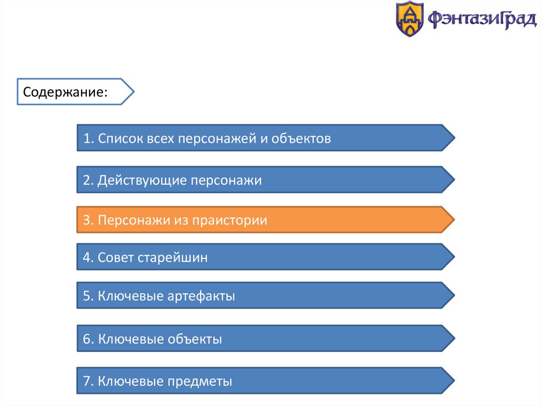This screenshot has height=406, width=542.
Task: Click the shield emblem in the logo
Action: coord(410,19)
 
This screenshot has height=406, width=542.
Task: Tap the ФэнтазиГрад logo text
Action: coord(482,19)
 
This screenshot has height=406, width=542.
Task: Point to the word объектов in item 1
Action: coord(301,138)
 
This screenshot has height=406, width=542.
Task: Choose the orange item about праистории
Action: coord(266,220)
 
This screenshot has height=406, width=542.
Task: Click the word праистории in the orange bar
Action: coord(230,221)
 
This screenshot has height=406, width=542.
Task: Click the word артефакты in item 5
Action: coord(201,296)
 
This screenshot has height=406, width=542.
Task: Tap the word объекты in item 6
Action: coord(195,339)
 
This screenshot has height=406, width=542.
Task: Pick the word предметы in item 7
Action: coord(200,382)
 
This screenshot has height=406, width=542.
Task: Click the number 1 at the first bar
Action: coord(87,138)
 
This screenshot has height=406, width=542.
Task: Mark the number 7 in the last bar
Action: coord(87,381)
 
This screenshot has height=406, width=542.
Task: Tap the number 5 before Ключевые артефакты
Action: coord(87,296)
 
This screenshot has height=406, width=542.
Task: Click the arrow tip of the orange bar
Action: coord(454,220)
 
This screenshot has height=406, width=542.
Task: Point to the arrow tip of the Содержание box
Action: coord(134,92)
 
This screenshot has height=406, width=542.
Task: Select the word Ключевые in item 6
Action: coord(131,339)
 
